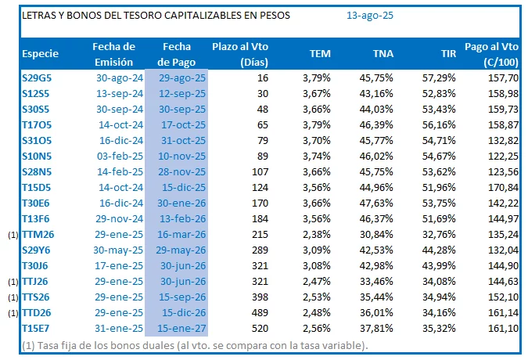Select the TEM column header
tap(319, 54)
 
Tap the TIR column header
tap(447, 54)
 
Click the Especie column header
tap(41, 54)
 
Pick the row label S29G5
tap(37, 78)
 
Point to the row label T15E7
tap(36, 327)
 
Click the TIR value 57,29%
tap(439, 78)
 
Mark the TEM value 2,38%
tap(316, 233)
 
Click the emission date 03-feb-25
tap(119, 156)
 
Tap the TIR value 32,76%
tap(439, 233)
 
